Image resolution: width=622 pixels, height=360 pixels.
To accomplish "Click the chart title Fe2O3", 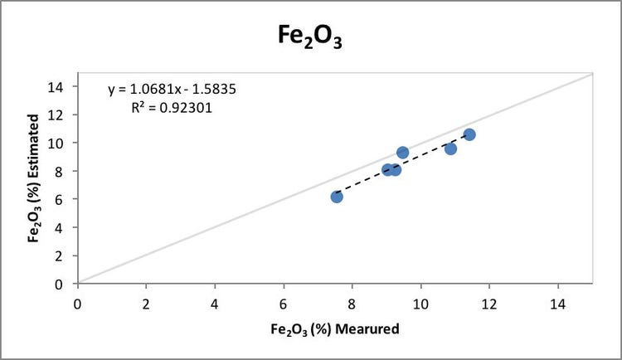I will [x=310, y=37].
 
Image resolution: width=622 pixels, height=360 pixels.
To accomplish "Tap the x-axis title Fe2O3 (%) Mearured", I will [x=335, y=329].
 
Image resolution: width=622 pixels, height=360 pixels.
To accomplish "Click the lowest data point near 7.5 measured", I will [x=337, y=197].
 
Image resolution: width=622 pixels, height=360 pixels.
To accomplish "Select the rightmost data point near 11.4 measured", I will [x=469, y=134].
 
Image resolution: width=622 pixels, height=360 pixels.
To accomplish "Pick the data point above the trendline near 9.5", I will [x=403, y=153].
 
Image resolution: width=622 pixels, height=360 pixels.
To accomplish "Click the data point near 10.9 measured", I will [x=450, y=148].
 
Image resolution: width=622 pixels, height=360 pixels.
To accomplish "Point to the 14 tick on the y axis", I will [x=59, y=86].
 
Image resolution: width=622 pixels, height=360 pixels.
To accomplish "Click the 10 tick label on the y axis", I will [x=59, y=143].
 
